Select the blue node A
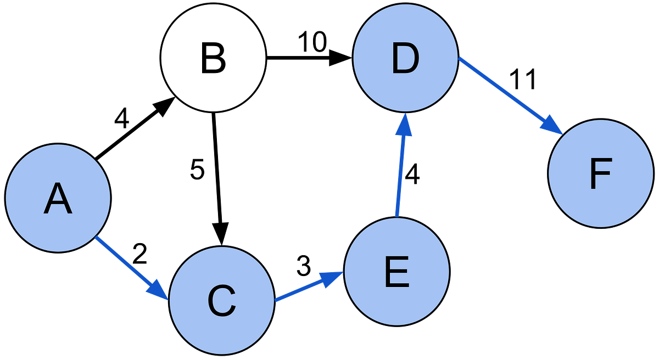[x=58, y=198]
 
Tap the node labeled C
[x=222, y=300]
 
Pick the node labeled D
[x=405, y=57]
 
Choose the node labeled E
[x=396, y=271]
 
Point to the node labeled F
[x=601, y=173]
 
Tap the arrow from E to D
[x=400, y=170]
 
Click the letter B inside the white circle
[x=213, y=59]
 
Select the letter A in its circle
[x=58, y=199]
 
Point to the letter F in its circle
[x=601, y=174]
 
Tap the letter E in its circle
[x=396, y=272]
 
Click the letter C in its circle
[x=222, y=301]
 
